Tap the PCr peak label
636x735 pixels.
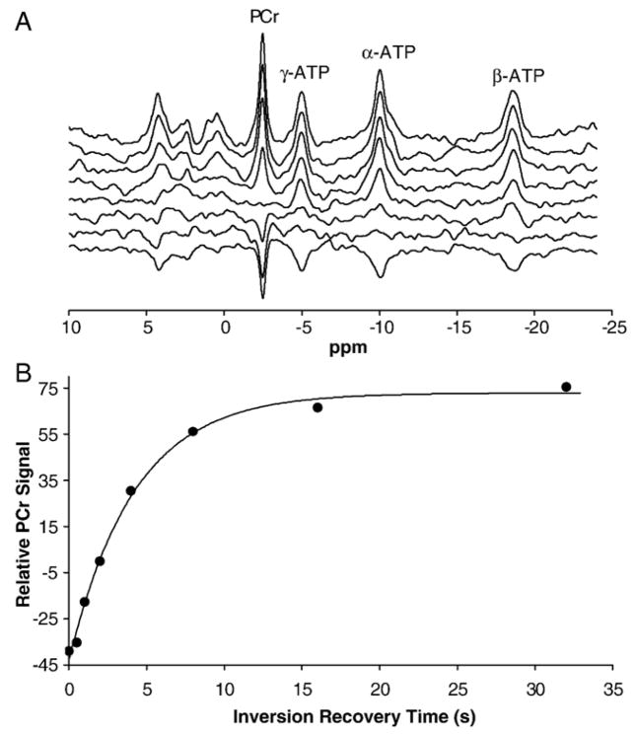[262, 17]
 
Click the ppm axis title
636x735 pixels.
[332, 348]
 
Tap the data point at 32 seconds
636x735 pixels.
[566, 387]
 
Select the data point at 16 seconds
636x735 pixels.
[318, 407]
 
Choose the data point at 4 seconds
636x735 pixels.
[131, 490]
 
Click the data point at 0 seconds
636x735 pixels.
[69, 650]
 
